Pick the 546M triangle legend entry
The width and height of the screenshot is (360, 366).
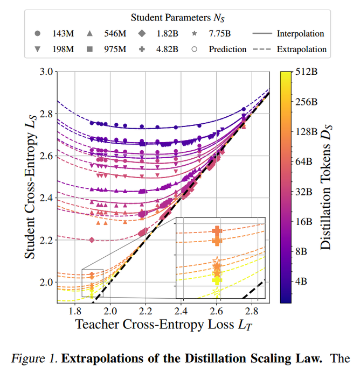click(108, 33)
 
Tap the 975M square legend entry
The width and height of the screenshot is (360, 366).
click(108, 49)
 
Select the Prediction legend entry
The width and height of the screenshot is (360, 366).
click(220, 49)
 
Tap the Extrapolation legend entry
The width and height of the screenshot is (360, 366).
click(301, 49)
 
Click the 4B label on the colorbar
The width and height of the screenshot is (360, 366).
click(304, 281)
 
